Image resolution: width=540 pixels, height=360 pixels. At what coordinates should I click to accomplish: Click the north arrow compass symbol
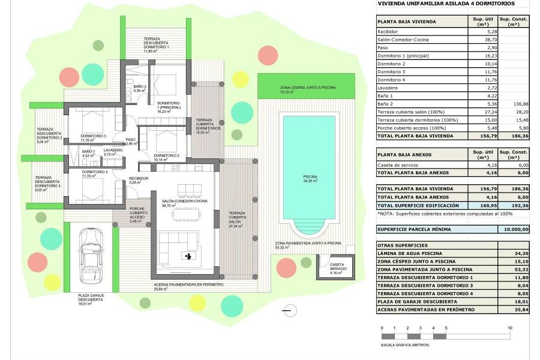[x=289, y=310]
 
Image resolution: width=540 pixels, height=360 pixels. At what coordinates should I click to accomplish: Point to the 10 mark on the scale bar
[x=509, y=328]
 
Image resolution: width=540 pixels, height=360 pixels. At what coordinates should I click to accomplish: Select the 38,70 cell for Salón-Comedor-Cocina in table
[x=478, y=39]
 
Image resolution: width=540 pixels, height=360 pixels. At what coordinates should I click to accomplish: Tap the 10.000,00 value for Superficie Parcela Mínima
[x=515, y=229]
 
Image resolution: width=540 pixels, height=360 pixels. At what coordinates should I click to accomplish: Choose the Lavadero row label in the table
[x=388, y=88]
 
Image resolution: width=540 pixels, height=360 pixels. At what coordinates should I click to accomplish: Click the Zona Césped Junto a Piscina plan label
[x=307, y=89]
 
